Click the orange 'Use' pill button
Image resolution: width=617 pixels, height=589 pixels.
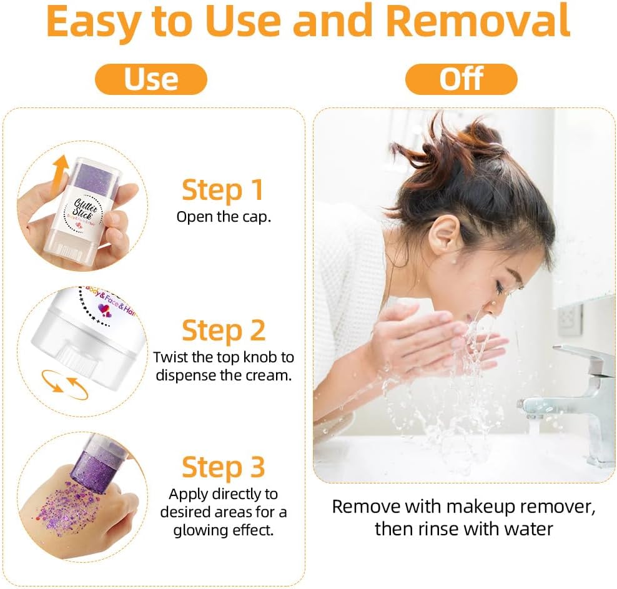151,79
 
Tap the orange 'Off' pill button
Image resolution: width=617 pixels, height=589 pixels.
461,79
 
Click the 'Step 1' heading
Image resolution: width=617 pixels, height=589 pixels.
223,191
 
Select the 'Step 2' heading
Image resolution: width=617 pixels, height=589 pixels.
224,331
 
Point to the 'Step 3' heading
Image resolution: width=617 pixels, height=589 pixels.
224,467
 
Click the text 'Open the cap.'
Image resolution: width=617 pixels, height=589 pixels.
224,217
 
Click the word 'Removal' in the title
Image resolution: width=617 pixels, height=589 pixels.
478,21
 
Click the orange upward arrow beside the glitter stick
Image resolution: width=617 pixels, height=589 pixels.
59,174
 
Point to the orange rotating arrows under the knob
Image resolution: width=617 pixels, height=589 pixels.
64,385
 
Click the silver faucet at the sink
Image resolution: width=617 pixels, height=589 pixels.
566,402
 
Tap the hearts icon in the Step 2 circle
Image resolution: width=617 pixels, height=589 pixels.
105,310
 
